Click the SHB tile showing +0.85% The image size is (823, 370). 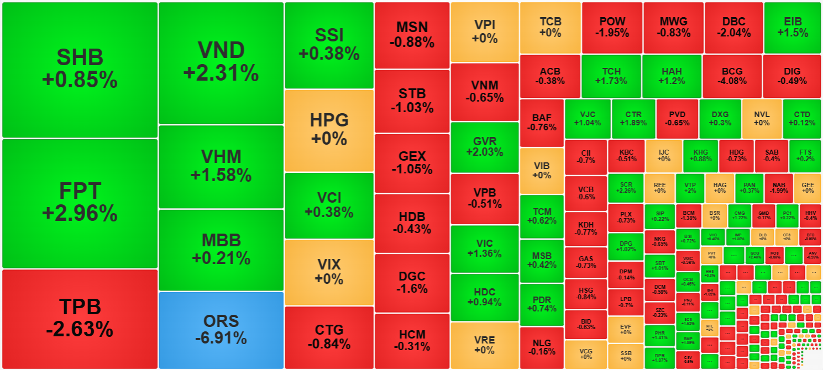click(x=80, y=70)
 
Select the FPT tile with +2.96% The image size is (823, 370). click(x=80, y=203)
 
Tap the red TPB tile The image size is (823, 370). click(x=80, y=319)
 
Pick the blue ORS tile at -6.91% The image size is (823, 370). click(x=221, y=330)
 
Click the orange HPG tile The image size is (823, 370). click(x=329, y=130)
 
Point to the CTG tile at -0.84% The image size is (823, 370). click(x=329, y=337)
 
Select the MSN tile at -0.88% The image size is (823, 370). click(x=412, y=35)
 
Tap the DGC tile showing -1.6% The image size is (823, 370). click(x=412, y=282)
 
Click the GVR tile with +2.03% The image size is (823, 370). click(x=485, y=147)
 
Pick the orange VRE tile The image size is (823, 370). click(x=485, y=345)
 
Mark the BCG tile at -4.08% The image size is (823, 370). click(x=732, y=76)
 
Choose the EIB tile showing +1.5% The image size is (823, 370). click(x=792, y=28)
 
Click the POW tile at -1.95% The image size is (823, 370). click(x=612, y=28)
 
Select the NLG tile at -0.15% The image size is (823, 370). click(x=542, y=347)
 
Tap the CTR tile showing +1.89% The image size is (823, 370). click(x=633, y=119)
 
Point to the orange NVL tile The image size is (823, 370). click(x=762, y=119)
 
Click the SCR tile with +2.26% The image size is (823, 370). click(x=626, y=188)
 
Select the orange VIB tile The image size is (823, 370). click(x=542, y=171)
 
